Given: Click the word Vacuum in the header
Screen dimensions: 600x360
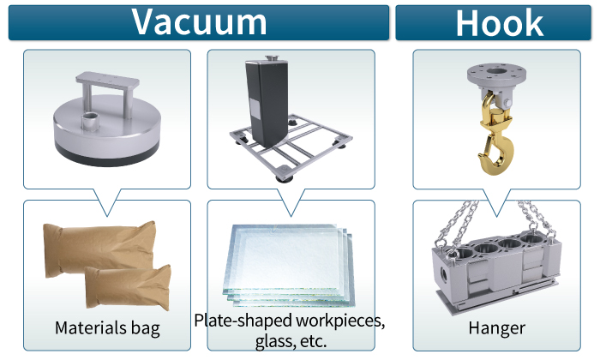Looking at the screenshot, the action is tap(199, 21).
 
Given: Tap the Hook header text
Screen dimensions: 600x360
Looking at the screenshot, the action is tap(500, 23).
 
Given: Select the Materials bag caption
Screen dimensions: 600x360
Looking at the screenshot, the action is tap(107, 328).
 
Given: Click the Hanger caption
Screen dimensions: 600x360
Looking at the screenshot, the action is tap(496, 328).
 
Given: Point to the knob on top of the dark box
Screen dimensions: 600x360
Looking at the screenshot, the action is tap(272, 58).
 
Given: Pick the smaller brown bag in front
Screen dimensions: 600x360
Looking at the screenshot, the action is tap(128, 286).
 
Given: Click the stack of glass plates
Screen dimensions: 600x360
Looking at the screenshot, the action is tap(289, 265).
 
